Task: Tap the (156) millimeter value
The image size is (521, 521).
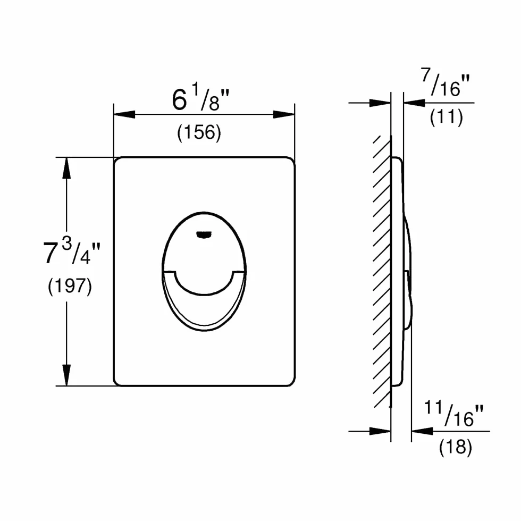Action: tap(199, 132)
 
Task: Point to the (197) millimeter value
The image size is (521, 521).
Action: tap(70, 286)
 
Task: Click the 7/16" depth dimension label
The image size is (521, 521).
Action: tap(446, 82)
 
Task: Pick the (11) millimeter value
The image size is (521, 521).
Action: tap(446, 117)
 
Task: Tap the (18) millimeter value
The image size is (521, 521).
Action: tap(455, 447)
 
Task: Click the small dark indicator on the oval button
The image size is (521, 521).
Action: tap(204, 234)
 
